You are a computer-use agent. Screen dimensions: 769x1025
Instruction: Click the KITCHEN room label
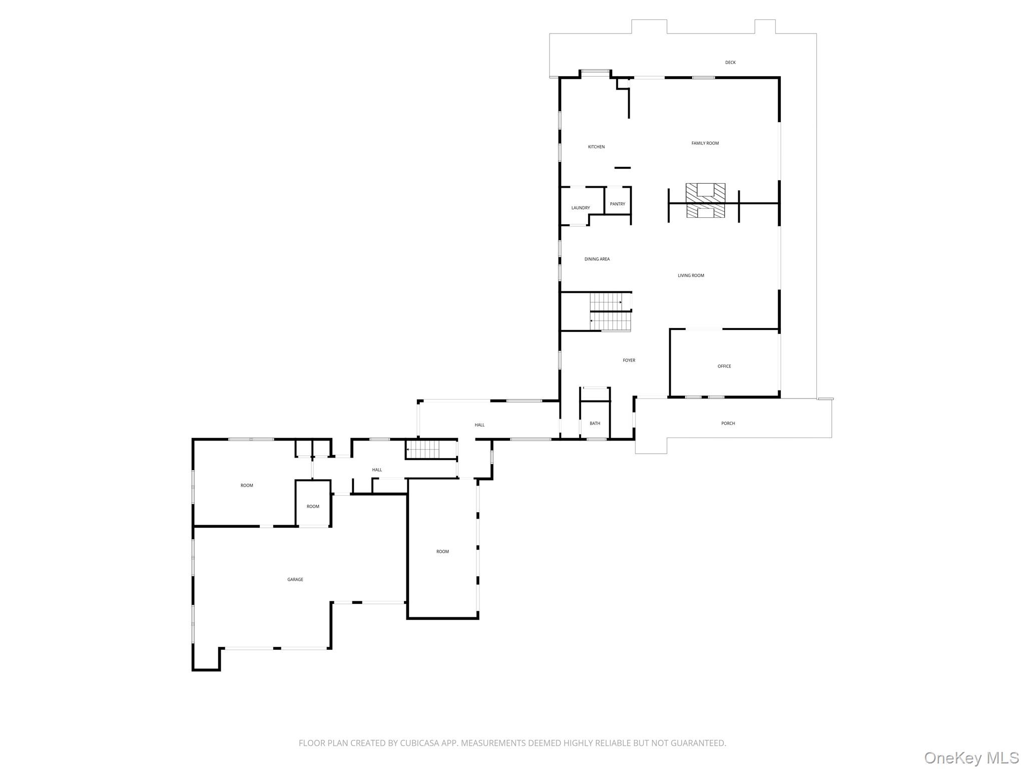click(x=596, y=147)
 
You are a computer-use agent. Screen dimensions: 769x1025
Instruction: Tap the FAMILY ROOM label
click(x=705, y=143)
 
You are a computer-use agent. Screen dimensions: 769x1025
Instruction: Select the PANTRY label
click(x=617, y=204)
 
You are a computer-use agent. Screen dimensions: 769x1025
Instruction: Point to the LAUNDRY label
click(x=580, y=208)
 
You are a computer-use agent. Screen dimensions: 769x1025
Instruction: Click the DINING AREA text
click(x=597, y=259)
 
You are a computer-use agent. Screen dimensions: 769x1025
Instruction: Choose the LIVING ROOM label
click(x=691, y=275)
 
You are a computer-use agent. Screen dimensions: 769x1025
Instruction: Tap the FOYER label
click(x=629, y=360)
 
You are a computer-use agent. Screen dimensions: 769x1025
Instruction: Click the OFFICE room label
click(x=724, y=366)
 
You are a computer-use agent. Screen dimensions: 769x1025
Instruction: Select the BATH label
click(x=595, y=423)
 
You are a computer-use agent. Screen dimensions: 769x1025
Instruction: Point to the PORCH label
click(x=728, y=423)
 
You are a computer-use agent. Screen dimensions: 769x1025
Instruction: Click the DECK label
click(x=730, y=63)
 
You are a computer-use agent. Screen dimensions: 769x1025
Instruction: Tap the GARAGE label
click(x=295, y=579)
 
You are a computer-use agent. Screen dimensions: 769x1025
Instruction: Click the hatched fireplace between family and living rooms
click(x=705, y=201)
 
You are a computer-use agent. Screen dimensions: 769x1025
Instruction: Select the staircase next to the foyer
click(x=610, y=312)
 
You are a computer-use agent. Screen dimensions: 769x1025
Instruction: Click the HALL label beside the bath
click(x=479, y=425)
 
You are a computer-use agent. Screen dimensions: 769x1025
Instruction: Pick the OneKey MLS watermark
click(x=971, y=757)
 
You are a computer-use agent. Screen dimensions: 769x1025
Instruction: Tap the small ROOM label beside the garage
click(x=313, y=506)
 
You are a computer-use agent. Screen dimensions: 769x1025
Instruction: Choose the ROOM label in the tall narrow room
click(x=442, y=551)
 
